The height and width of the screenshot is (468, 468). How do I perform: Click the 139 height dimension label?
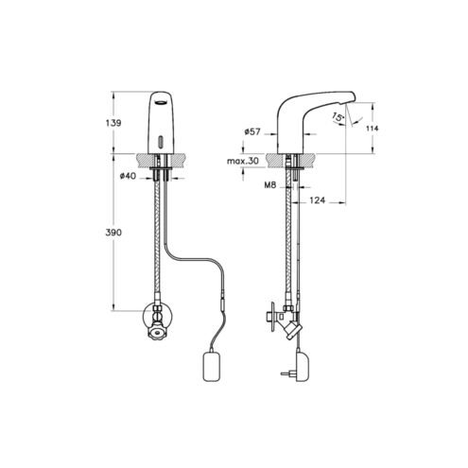pyautogui.click(x=113, y=123)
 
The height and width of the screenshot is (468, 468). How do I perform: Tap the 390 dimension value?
pyautogui.click(x=113, y=233)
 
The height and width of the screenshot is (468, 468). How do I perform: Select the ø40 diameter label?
pyautogui.click(x=128, y=176)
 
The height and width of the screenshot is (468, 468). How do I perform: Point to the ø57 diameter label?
pyautogui.click(x=252, y=131)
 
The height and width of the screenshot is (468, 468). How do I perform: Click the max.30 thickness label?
pyautogui.click(x=243, y=161)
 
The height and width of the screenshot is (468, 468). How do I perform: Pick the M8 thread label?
pyautogui.click(x=270, y=185)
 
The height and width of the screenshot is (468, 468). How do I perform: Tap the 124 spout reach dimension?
pyautogui.click(x=317, y=200)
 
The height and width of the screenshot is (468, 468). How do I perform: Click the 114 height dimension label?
pyautogui.click(x=373, y=129)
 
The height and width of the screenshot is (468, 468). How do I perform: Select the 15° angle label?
pyautogui.click(x=338, y=117)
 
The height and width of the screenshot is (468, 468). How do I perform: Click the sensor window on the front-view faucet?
pyautogui.click(x=162, y=141)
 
